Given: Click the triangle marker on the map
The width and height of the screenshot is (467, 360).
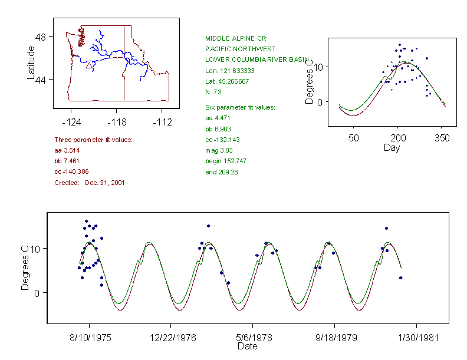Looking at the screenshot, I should [x=89, y=66].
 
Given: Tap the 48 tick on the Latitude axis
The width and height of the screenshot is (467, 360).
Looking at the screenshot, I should [x=41, y=36].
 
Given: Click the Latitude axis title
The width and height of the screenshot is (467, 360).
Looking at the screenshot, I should [x=31, y=62].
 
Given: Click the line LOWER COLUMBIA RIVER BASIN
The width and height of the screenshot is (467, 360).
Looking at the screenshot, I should [x=257, y=60].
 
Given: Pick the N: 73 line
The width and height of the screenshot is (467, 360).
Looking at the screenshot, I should [x=213, y=92].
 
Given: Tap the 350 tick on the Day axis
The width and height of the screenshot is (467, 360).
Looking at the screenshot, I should [x=442, y=138].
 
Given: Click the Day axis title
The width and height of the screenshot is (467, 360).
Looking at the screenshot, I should [x=392, y=147].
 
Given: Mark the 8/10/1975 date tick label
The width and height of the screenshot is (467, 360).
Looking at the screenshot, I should [x=89, y=339].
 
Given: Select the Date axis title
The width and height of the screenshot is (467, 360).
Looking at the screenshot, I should [x=247, y=347].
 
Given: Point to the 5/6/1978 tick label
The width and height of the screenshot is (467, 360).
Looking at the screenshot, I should [x=253, y=339].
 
